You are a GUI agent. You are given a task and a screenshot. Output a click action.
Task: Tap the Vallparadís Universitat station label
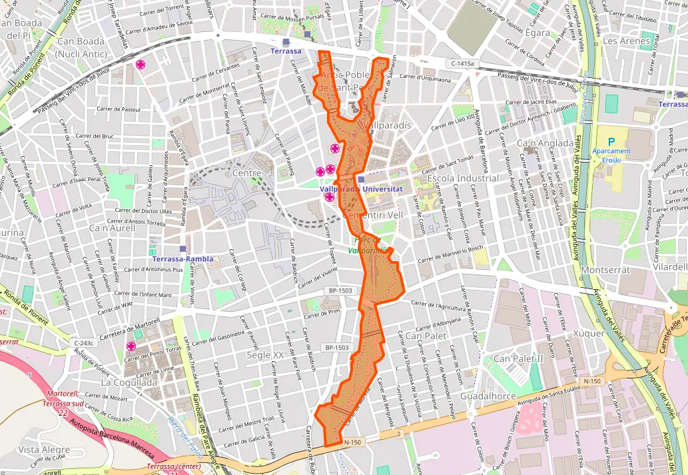[x=362, y=189]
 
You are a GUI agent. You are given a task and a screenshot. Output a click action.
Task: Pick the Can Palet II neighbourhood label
[x=519, y=359]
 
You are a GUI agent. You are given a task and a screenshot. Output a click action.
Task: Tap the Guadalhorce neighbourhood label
[x=492, y=396]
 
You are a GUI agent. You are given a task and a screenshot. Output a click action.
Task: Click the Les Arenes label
[x=626, y=41]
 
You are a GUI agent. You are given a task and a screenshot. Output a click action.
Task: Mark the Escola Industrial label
[x=462, y=179]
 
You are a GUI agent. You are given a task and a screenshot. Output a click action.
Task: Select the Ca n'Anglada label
[x=545, y=143]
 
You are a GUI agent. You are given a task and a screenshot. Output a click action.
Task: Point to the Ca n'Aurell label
[x=111, y=228]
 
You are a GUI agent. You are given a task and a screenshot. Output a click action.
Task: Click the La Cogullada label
[x=129, y=383]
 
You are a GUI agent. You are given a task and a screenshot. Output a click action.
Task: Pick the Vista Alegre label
[x=44, y=450]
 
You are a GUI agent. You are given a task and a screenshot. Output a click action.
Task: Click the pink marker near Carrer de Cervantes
[x=141, y=65]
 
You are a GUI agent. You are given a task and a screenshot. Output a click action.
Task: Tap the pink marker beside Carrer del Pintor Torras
[x=131, y=346]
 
